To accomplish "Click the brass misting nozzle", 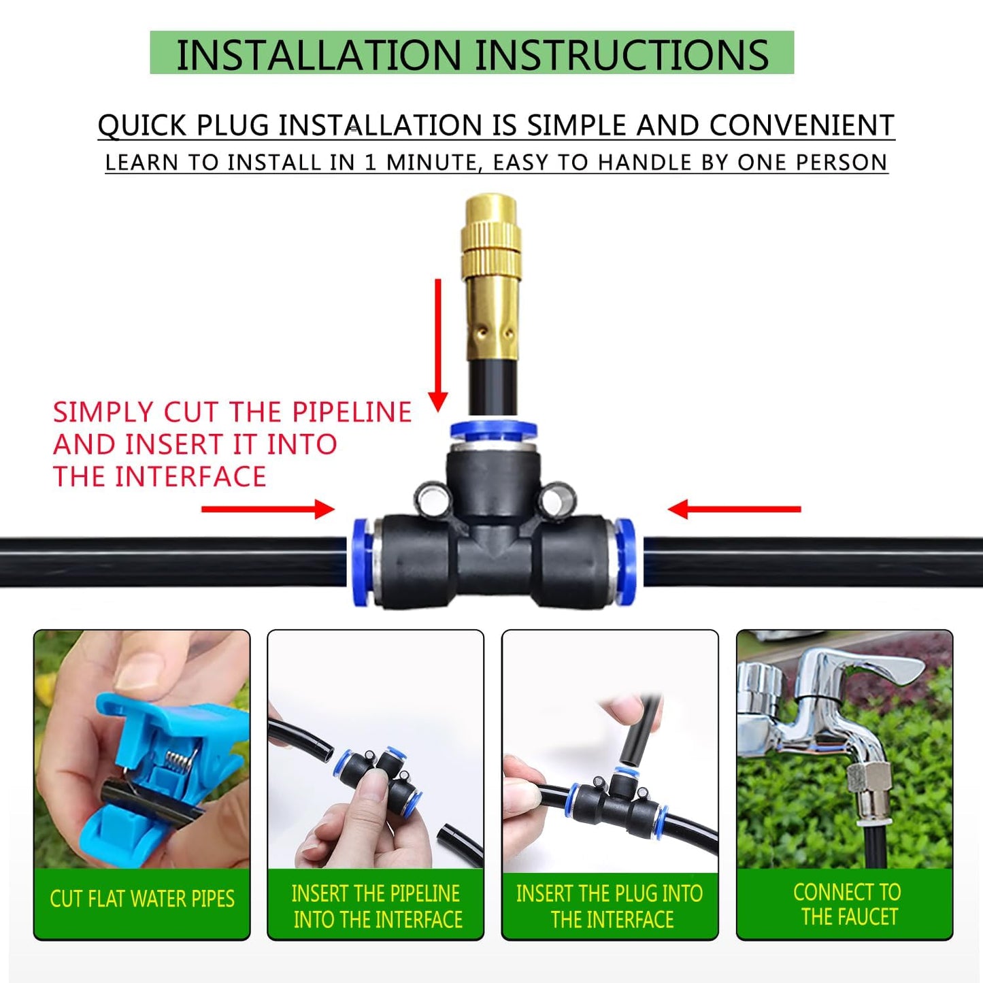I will pyautogui.click(x=492, y=279).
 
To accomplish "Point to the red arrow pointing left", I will pyautogui.click(x=734, y=509).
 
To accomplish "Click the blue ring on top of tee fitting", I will pyautogui.click(x=493, y=431).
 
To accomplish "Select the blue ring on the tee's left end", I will pyautogui.click(x=361, y=562).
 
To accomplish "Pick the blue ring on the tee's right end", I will pyautogui.click(x=625, y=562).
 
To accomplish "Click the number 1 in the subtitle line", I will pyautogui.click(x=370, y=163).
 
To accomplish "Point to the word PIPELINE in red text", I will pyautogui.click(x=352, y=412).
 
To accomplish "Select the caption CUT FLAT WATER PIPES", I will pyautogui.click(x=142, y=899).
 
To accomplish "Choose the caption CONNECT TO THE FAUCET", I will pyautogui.click(x=846, y=904).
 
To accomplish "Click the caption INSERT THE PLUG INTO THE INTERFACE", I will pyautogui.click(x=610, y=906).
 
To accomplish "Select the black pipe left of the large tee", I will pyautogui.click(x=170, y=561).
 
